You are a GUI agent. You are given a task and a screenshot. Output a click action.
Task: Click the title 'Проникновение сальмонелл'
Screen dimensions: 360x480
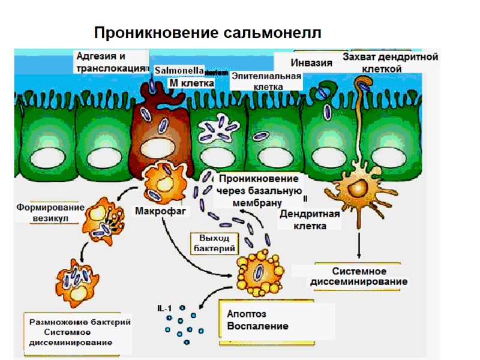tap(208, 32)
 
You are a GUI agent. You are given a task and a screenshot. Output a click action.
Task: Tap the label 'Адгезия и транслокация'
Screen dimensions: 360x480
tap(109, 62)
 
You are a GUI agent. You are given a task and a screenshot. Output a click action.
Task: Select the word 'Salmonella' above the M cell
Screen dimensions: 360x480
tap(179, 70)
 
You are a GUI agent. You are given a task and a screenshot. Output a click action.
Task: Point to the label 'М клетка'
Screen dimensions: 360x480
tap(191, 83)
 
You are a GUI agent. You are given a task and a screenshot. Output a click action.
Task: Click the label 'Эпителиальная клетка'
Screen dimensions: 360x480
tap(265, 82)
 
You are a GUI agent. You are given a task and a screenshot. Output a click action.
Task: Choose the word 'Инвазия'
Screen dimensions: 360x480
tap(311, 62)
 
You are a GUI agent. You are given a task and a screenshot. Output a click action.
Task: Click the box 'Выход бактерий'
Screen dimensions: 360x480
tap(214, 242)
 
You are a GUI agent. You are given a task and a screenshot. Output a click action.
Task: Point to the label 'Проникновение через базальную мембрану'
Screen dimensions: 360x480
tap(257, 190)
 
